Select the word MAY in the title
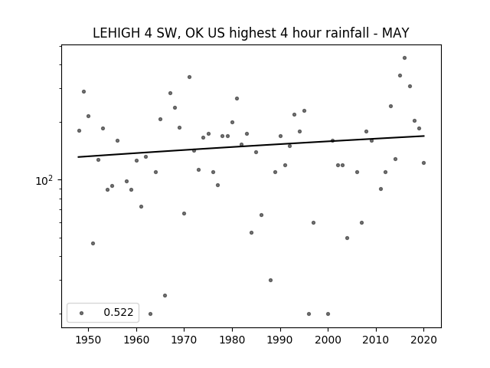click(x=395, y=33)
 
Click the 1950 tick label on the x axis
click(x=89, y=340)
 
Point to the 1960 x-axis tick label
click(x=136, y=340)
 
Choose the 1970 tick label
click(x=185, y=340)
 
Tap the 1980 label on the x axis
click(x=232, y=340)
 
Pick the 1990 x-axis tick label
click(x=280, y=340)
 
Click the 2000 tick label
click(x=328, y=340)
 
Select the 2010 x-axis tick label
click(x=376, y=340)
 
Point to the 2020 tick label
click(x=423, y=340)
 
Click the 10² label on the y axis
click(x=44, y=181)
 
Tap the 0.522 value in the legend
click(x=119, y=312)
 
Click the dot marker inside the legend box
click(x=82, y=313)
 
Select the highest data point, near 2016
click(x=404, y=58)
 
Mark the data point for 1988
click(x=270, y=280)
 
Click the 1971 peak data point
click(x=189, y=77)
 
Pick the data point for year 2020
click(x=423, y=163)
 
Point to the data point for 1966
click(x=165, y=295)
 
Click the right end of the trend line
click(x=424, y=136)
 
